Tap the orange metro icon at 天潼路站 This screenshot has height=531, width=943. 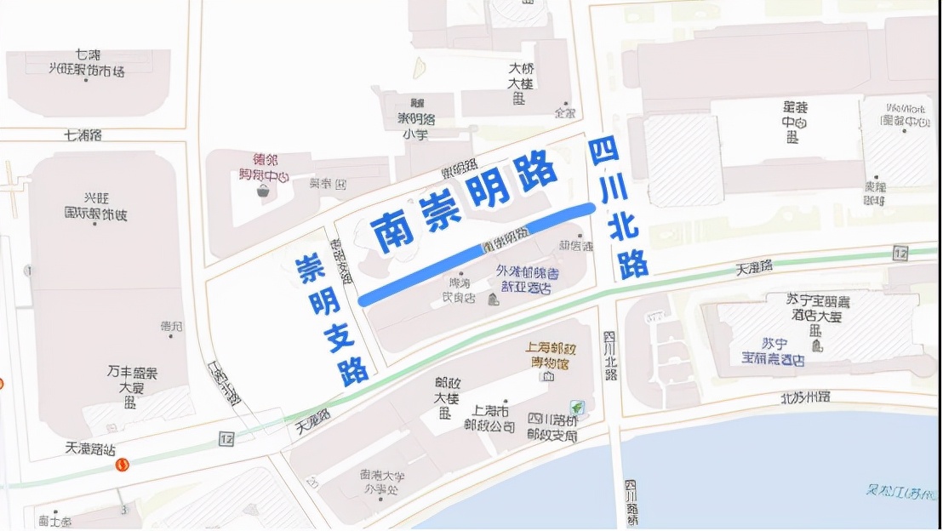tap(123, 465)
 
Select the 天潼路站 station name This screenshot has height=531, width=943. tap(89, 448)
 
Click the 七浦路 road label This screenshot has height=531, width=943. tap(83, 134)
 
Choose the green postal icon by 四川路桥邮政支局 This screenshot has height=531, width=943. tap(576, 408)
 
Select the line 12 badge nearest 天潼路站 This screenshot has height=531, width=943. tap(226, 438)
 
